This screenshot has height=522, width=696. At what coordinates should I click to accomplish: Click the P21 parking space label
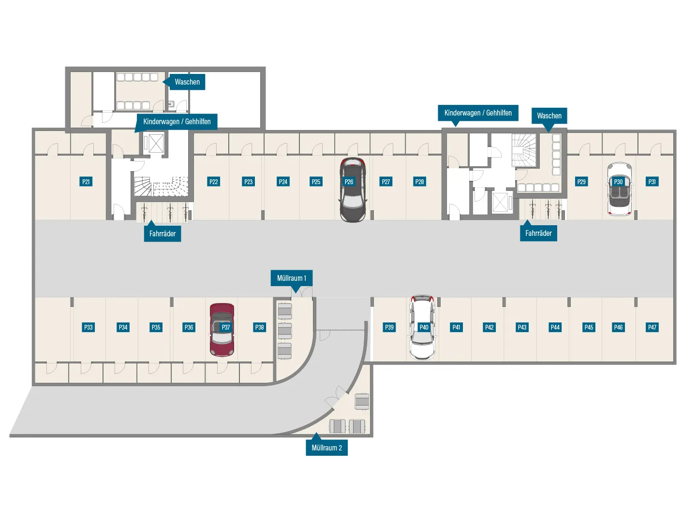(86, 182)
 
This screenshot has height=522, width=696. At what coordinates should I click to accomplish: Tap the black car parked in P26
(353, 190)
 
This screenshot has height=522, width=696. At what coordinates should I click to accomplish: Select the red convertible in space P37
(222, 330)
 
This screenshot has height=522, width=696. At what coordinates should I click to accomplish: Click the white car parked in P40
(422, 327)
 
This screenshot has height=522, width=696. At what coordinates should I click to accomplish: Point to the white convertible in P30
(620, 189)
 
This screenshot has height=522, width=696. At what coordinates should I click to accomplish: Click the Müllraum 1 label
(291, 278)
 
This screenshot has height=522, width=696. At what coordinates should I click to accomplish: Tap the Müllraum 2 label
(326, 448)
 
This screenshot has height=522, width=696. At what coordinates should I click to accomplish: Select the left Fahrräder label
(162, 233)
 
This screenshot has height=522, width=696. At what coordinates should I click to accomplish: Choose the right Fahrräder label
(538, 233)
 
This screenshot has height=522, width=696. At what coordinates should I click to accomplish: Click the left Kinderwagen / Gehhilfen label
(177, 121)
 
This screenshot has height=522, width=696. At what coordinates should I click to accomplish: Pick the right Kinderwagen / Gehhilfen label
(478, 113)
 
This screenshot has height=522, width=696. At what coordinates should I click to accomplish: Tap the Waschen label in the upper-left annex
(187, 82)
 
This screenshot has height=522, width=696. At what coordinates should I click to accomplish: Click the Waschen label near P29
(549, 116)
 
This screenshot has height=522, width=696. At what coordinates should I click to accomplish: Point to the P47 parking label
(652, 327)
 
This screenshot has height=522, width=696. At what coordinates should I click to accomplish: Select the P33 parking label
(88, 327)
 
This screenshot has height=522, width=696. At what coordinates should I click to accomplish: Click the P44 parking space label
(555, 327)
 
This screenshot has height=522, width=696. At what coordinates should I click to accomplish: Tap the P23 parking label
(248, 182)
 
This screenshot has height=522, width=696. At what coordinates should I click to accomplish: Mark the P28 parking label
(419, 182)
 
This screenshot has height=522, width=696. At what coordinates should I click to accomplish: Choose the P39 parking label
(389, 327)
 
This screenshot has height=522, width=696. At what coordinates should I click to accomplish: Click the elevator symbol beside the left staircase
(156, 144)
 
